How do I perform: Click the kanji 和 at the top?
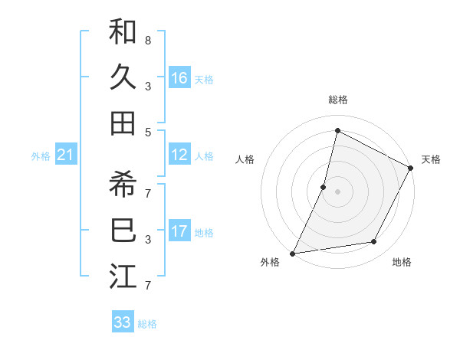[123, 33]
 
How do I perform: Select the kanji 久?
[123, 77]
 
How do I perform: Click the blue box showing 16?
[179, 78]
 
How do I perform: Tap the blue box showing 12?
[179, 155]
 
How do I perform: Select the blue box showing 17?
[179, 231]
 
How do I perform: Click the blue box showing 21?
[66, 155]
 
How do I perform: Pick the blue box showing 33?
[123, 322]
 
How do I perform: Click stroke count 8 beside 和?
[148, 39]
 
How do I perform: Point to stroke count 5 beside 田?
[148, 132]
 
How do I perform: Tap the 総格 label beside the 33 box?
[147, 324]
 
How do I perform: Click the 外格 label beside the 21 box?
[41, 156]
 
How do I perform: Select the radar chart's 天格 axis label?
[431, 159]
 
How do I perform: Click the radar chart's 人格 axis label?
[245, 159]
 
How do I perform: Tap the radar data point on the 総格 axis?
[337, 131]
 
